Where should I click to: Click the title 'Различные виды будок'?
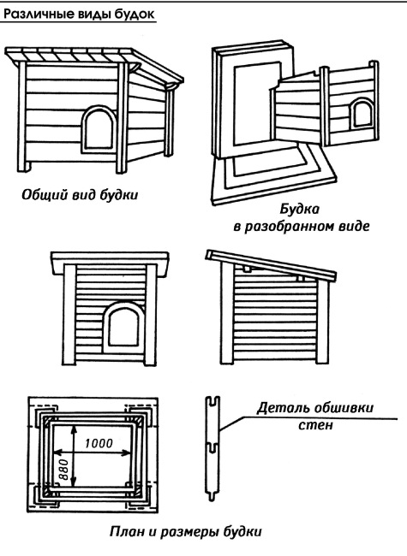coord(79,15)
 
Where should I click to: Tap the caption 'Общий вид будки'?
coord(80,195)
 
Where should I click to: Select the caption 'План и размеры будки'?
coord(186,531)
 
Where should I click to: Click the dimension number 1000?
coord(99,443)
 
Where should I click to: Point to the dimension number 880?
coord(63,470)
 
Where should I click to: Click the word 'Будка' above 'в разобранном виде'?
coord(299,210)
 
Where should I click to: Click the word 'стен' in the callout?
coord(315,424)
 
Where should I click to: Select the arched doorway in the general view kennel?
coord(99,129)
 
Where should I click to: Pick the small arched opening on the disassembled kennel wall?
coord(362,114)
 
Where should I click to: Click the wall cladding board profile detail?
coord(212,448)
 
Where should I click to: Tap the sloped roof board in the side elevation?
coord(271,266)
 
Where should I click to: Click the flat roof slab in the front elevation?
coord(110,263)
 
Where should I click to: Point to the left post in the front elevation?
coord(69,315)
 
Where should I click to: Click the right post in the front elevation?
coord(151,315)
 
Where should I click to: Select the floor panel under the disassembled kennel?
coord(273,174)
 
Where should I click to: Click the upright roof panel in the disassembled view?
coord(253,101)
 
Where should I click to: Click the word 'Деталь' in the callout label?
coord(282,408)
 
